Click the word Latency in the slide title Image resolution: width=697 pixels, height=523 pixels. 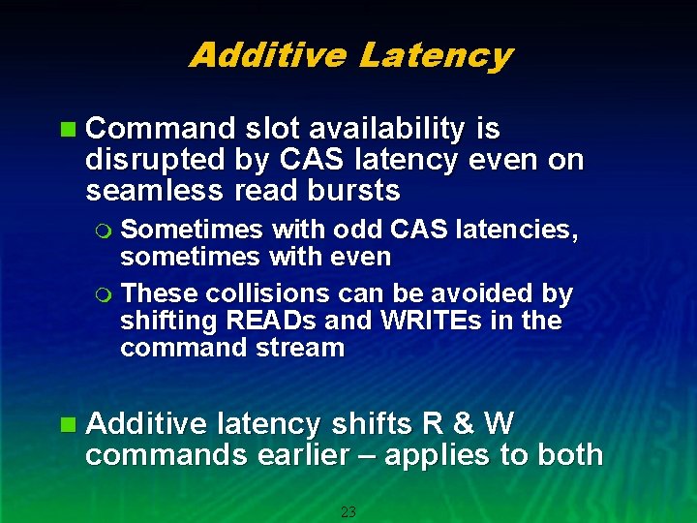tap(435, 55)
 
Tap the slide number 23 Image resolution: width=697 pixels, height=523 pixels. tap(348, 512)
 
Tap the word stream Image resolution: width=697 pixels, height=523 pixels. tap(303, 348)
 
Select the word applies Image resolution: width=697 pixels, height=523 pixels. tap(437, 455)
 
